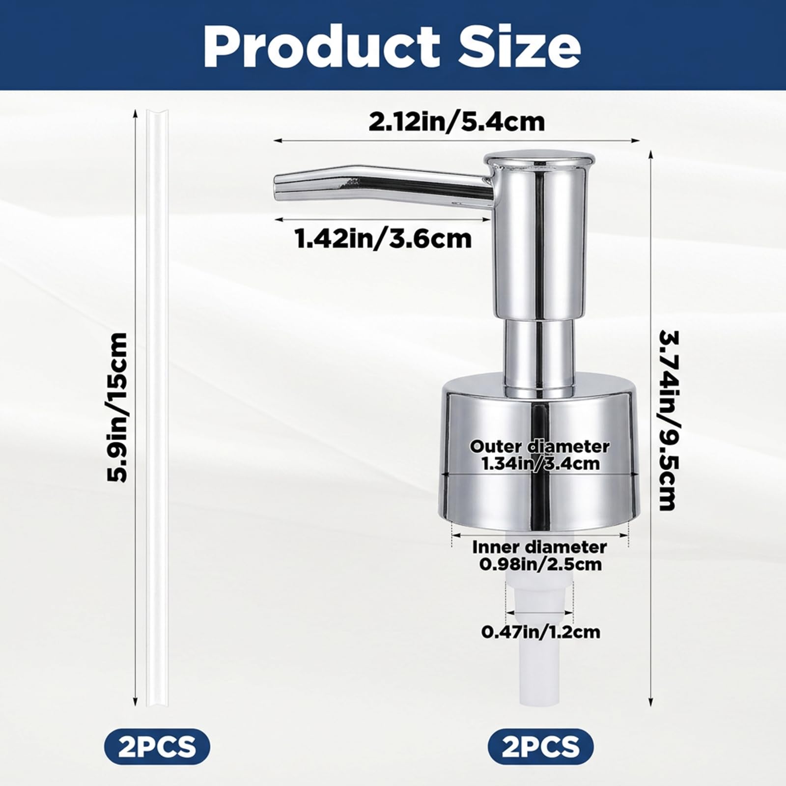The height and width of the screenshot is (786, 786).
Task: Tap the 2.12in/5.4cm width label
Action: pos(457,122)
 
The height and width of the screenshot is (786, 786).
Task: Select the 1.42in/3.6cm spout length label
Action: pos(383,239)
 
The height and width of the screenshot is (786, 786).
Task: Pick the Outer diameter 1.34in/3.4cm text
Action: pos(540,454)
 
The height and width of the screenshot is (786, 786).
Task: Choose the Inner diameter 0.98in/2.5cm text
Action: pos(539,556)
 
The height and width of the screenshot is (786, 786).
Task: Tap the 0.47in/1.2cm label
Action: pos(540,632)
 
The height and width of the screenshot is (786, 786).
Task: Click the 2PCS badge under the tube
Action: pos(157,747)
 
